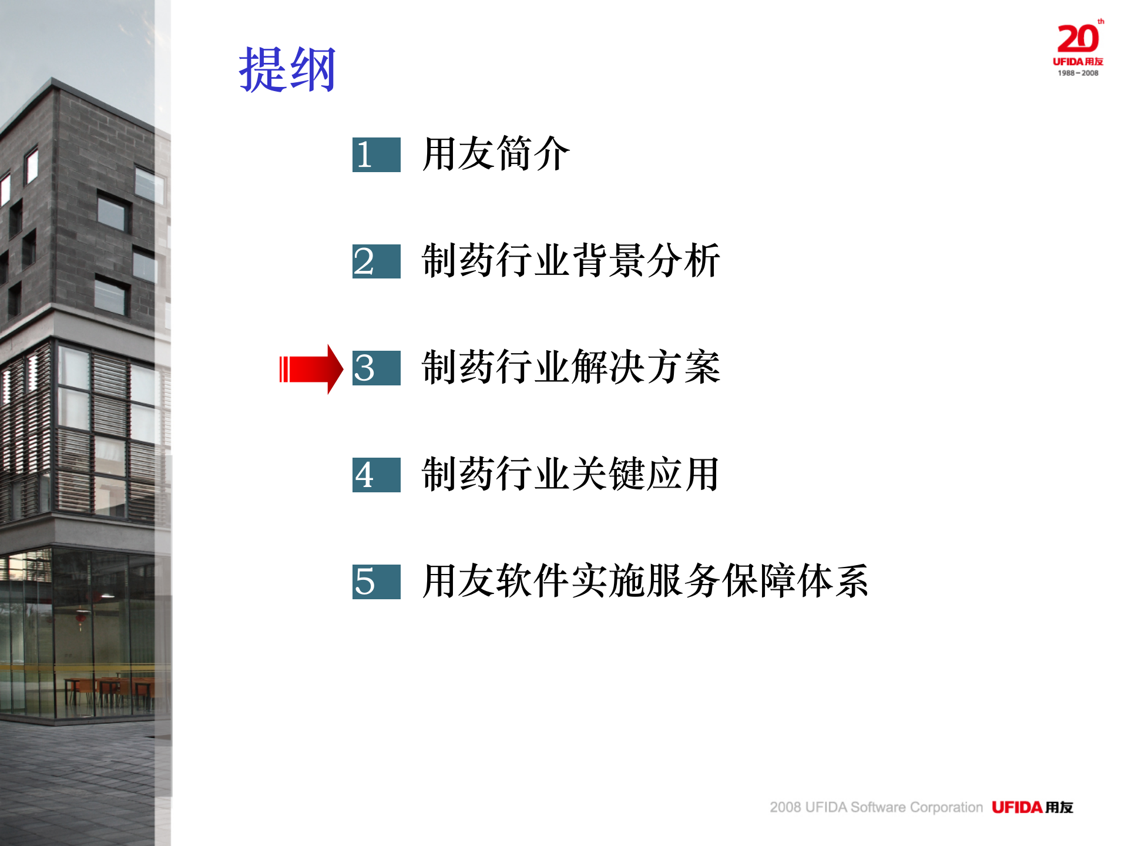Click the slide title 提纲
[x=287, y=70]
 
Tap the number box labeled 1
[x=376, y=155]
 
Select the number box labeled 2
[x=376, y=261]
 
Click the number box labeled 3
[x=376, y=368]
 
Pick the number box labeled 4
[x=376, y=475]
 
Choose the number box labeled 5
[x=376, y=582]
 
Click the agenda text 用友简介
[x=496, y=154]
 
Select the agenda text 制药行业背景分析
[x=570, y=260]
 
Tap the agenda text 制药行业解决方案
[x=570, y=367]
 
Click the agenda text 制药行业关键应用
[x=570, y=474]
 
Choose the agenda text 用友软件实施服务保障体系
[x=645, y=580]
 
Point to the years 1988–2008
[x=1078, y=73]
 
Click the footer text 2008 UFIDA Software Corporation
[x=876, y=807]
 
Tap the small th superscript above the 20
[x=1100, y=22]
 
